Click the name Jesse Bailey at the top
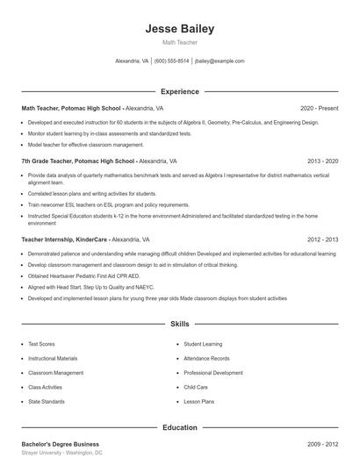(179, 29)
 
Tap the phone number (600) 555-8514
(172, 61)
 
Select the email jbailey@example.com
(220, 61)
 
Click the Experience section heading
(179, 91)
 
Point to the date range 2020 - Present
(319, 108)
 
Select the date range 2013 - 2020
(322, 161)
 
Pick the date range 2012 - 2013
(322, 239)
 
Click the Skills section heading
(179, 324)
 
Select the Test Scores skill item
(42, 345)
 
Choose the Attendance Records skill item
(207, 359)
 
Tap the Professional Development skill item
(213, 373)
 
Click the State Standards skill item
(47, 401)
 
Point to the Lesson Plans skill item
(199, 401)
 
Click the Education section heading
(179, 427)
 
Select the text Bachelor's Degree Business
(60, 444)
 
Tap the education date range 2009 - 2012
(322, 444)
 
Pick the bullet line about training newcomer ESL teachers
(97, 204)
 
